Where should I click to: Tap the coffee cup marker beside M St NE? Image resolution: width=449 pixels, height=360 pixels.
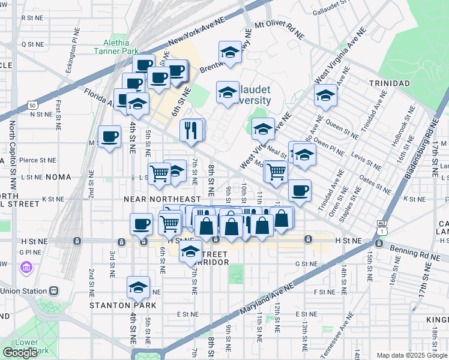click(x=109, y=137)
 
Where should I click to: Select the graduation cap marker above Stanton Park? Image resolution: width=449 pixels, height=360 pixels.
click(x=138, y=288)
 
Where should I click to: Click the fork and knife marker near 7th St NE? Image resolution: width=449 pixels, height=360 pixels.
click(x=191, y=130)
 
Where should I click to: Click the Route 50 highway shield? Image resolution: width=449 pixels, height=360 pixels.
click(x=32, y=106)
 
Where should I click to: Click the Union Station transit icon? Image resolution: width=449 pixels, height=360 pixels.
click(x=54, y=290)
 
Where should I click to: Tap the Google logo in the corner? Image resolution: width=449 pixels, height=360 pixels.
click(x=20, y=352)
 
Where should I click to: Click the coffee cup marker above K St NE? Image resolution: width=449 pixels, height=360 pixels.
click(x=300, y=191)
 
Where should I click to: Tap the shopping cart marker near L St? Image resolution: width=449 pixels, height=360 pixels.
click(x=159, y=173)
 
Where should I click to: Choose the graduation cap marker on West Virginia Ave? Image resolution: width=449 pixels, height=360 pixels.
click(x=263, y=128)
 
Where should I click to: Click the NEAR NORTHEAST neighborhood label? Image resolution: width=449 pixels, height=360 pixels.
click(x=161, y=199)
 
